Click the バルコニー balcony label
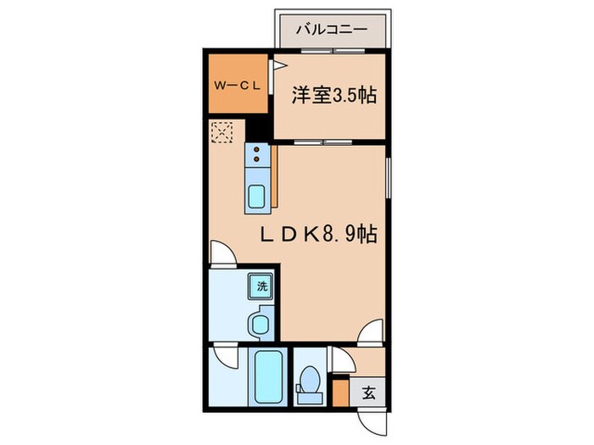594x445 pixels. [331, 30]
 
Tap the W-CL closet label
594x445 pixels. [234, 86]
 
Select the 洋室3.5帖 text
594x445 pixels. [333, 95]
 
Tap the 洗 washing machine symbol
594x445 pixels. [261, 286]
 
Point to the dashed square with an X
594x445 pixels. [222, 132]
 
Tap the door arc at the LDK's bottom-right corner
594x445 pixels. [370, 334]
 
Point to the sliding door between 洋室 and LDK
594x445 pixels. [328, 140]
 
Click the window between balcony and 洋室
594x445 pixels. [332, 50]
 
